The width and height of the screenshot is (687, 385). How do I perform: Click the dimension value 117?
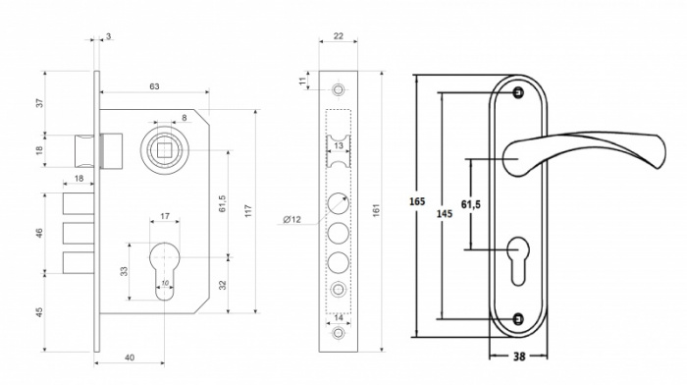point(248,211)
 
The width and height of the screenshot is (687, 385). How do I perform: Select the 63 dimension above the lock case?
point(154,86)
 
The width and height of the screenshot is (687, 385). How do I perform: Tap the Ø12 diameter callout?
point(292,219)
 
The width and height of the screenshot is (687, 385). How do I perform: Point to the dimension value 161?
point(376,210)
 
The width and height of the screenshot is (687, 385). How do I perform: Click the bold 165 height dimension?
point(417,201)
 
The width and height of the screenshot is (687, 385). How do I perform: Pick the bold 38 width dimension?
point(519,357)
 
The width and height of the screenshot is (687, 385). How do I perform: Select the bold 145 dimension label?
point(445,213)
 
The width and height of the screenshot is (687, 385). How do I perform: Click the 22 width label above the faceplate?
point(339,36)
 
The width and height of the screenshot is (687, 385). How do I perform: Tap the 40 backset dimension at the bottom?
point(130,357)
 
